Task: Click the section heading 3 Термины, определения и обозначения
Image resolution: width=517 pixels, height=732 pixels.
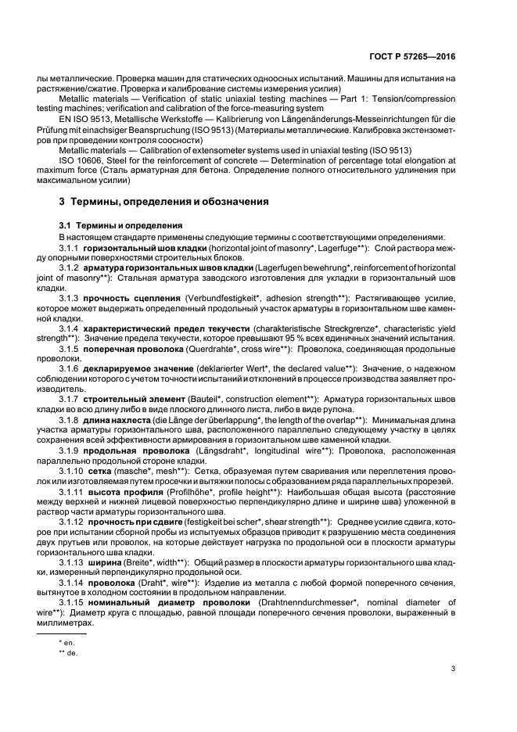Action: [160, 202]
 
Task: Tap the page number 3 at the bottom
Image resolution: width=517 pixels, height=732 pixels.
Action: [454, 667]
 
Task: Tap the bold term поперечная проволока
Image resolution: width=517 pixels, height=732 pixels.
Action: [142, 348]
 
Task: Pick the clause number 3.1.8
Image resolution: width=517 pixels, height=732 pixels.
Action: [69, 420]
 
